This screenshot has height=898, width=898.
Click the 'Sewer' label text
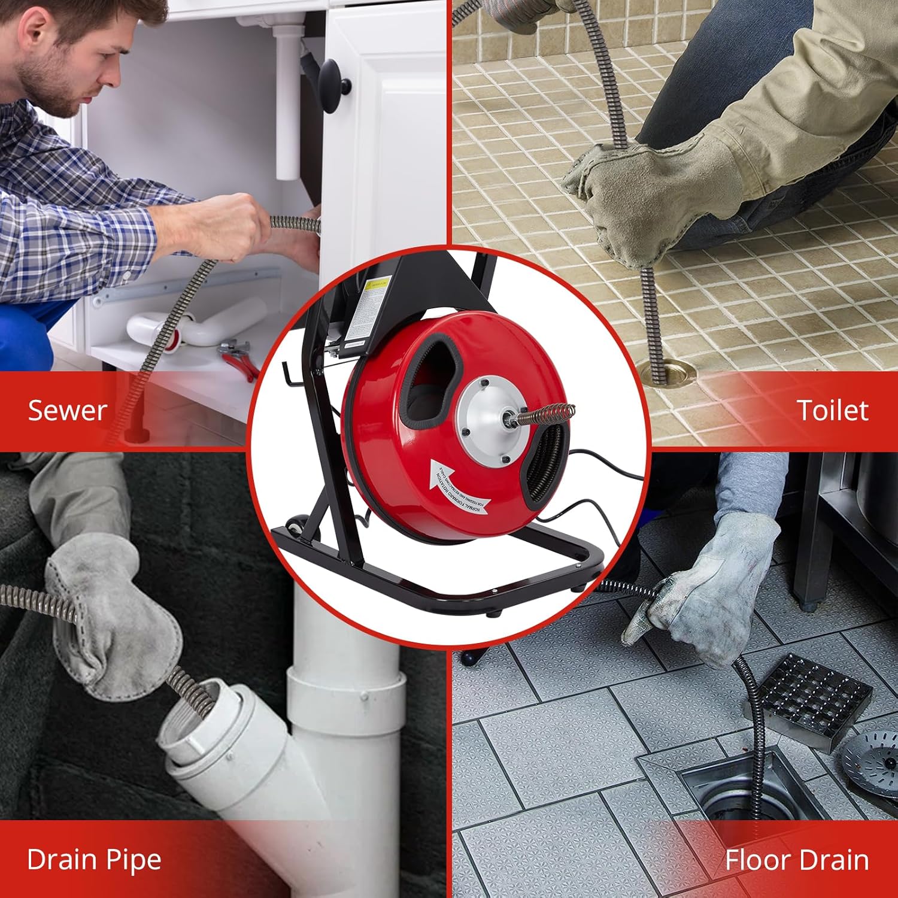(x=67, y=411)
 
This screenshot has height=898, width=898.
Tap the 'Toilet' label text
(x=832, y=411)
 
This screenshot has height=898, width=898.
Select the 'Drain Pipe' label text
(x=94, y=860)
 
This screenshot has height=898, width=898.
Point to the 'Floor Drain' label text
(x=796, y=860)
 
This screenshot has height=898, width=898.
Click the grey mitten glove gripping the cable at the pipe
(x=114, y=617)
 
